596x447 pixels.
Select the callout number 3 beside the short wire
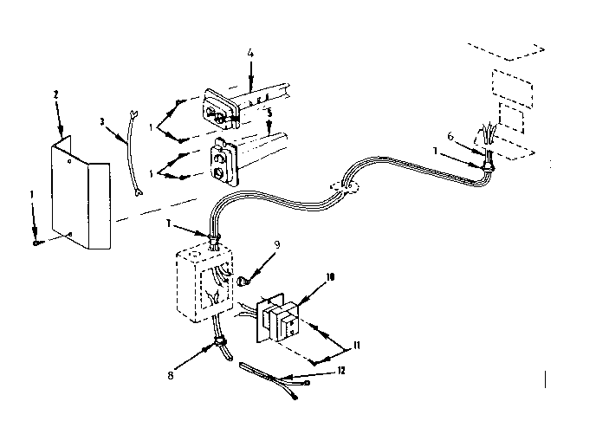102,122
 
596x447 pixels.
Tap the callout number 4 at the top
249,55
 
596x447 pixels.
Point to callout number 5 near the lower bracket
270,113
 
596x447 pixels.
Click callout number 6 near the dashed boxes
450,137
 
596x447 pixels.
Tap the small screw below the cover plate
36,243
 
